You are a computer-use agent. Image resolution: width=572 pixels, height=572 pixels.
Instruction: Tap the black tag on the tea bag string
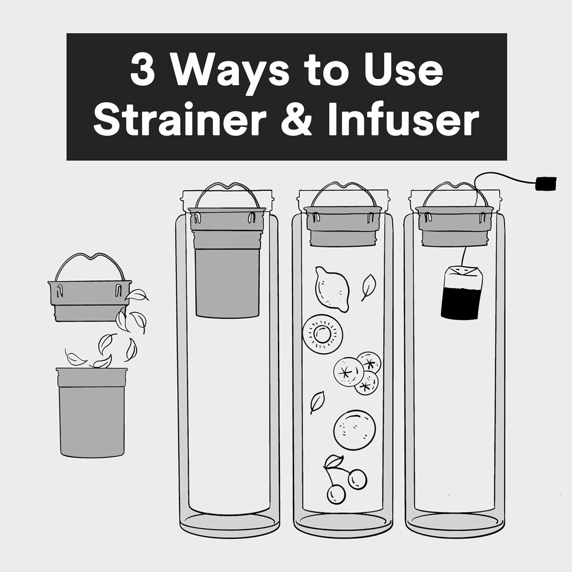(546, 184)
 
